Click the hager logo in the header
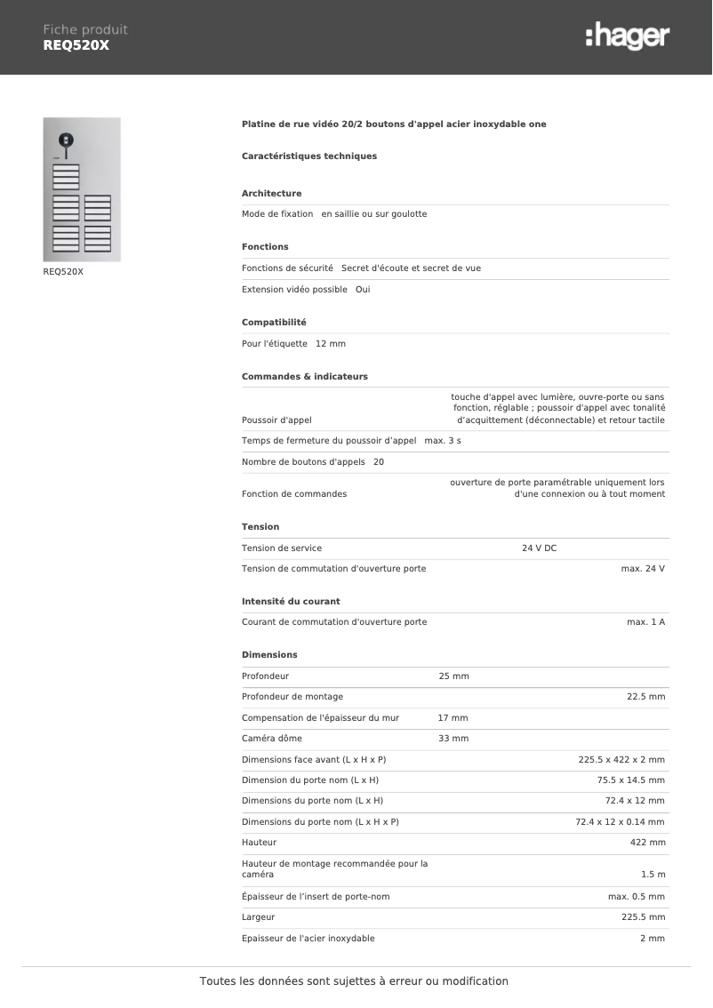point(627,36)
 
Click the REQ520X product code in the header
point(76,45)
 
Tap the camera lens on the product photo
point(65,140)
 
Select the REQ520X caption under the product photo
point(63,272)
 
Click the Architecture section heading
point(271,193)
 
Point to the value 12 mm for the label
point(331,343)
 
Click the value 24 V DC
point(539,548)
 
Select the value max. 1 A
point(645,622)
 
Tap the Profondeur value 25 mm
point(453,676)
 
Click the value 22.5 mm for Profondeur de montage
point(645,697)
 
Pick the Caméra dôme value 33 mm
point(453,739)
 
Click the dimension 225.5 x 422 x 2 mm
point(621,760)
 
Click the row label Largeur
point(258,917)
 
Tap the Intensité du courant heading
point(291,602)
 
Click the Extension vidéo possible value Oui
point(363,290)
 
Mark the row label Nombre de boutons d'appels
point(303,462)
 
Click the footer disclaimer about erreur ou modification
point(354,981)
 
